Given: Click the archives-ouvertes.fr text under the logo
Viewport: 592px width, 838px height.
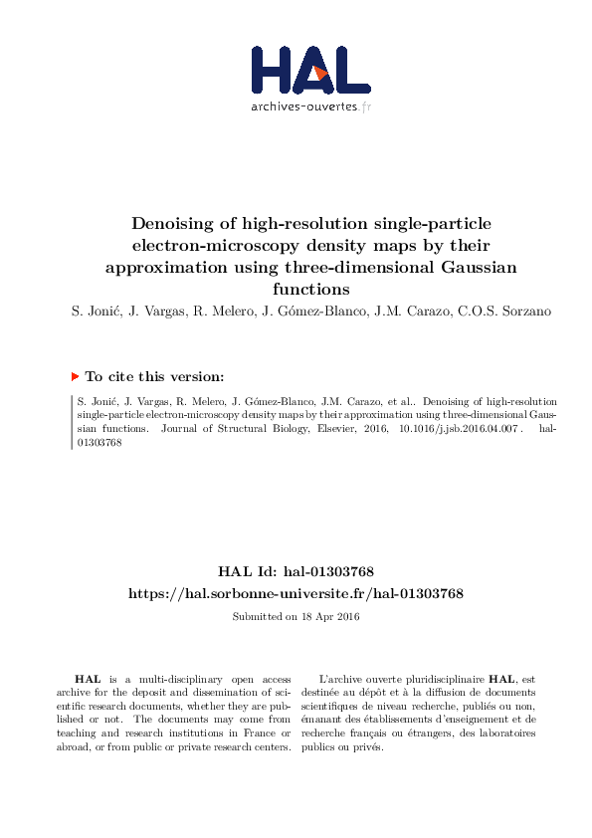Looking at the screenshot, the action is [x=310, y=106].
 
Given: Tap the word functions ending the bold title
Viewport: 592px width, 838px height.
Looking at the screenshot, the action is [x=311, y=290].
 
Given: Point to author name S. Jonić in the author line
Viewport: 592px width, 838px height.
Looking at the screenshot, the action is [x=102, y=314].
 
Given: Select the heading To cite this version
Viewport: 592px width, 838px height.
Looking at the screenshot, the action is [x=155, y=377].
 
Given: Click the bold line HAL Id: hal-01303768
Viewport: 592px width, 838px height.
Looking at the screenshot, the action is [x=296, y=571].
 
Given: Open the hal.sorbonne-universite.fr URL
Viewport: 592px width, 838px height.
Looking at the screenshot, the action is [x=296, y=593].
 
